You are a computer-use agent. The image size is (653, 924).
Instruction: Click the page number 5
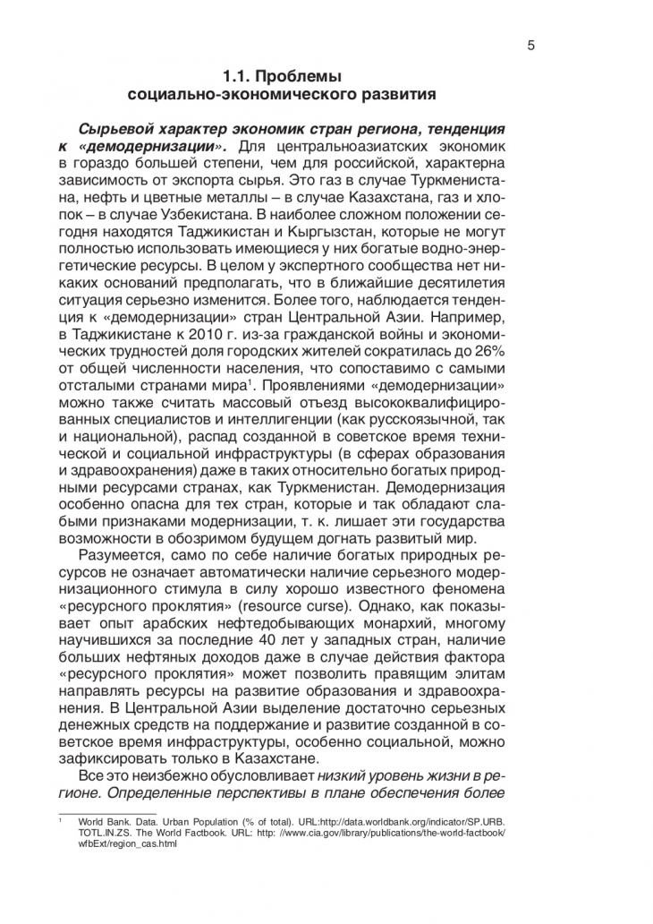pyautogui.click(x=530, y=47)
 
